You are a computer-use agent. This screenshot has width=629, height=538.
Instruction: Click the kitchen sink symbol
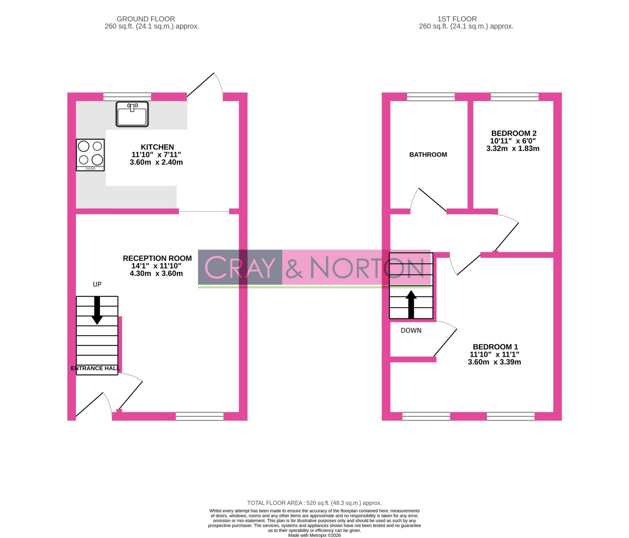132,114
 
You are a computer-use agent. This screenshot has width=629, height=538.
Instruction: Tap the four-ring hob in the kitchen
90,155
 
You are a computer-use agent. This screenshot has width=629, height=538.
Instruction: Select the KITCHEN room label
157,147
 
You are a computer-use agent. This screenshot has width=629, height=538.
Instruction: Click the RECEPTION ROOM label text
157,258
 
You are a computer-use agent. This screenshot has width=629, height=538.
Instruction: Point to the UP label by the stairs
97,284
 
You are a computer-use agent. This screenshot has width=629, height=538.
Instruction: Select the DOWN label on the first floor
411,331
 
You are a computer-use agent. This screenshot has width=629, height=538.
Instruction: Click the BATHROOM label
428,154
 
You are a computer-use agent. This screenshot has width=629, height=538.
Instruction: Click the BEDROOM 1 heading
495,347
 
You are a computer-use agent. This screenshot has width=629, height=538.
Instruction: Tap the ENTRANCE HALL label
95,368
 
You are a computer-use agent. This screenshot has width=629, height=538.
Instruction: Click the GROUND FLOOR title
146,19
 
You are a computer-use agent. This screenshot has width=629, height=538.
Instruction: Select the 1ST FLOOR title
457,19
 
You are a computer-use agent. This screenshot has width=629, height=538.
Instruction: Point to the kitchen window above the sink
127,97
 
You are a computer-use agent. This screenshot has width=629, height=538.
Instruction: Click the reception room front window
199,416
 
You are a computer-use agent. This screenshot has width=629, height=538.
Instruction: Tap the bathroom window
431,97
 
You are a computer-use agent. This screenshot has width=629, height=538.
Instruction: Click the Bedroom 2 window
514,97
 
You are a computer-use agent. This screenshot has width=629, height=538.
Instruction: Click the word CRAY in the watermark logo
240,267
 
